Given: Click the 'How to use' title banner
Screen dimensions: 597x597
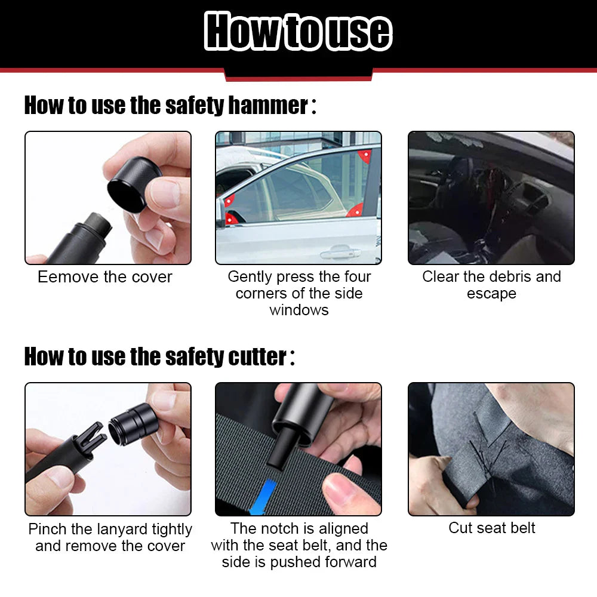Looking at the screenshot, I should tap(298, 31).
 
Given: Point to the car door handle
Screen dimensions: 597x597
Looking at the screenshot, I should tap(337, 254).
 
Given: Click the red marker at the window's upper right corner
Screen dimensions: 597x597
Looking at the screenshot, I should tap(364, 156).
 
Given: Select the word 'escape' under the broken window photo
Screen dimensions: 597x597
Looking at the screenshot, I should tap(491, 294).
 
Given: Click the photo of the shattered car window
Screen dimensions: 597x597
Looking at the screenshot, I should tap(491, 198).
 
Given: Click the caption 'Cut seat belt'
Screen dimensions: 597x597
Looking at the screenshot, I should tap(491, 528).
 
